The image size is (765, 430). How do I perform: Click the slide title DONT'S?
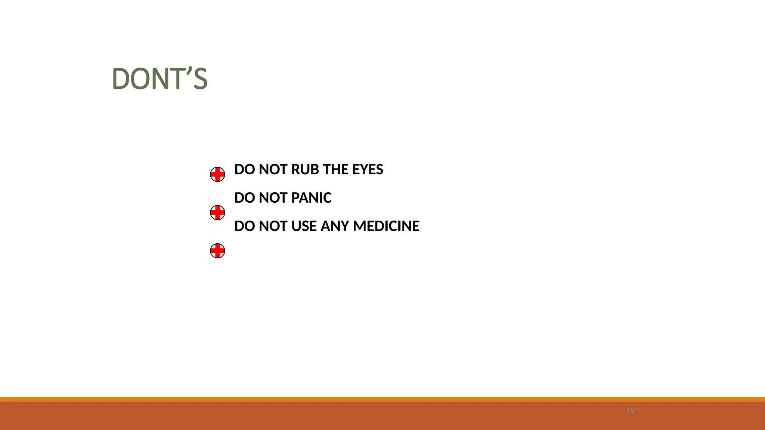coord(159,79)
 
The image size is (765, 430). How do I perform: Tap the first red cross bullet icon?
coord(217,174)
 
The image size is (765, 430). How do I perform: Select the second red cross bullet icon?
coord(217,213)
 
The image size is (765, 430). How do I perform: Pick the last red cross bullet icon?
coord(217,251)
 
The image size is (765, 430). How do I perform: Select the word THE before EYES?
coord(335,169)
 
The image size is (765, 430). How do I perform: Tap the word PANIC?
coord(311,198)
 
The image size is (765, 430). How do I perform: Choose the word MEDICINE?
coord(386,226)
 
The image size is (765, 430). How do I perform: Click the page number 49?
coord(630,411)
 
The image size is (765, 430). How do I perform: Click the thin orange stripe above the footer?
coord(382,399)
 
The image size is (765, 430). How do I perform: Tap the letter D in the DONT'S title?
coord(120,79)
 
